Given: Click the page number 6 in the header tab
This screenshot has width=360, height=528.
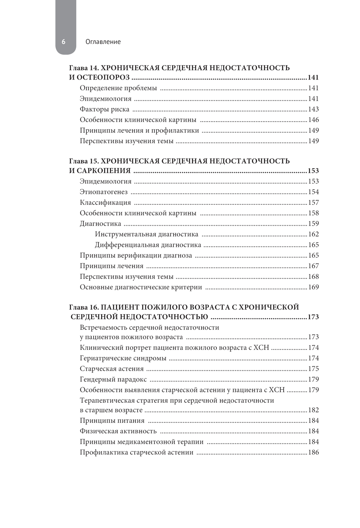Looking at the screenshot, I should (x=64, y=42).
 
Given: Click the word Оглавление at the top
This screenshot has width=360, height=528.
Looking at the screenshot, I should (x=103, y=42).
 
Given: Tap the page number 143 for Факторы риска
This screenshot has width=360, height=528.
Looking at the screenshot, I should (x=313, y=109).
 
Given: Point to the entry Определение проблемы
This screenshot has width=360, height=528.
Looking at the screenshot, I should (x=118, y=88).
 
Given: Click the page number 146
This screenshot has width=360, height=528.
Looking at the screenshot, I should (x=313, y=120).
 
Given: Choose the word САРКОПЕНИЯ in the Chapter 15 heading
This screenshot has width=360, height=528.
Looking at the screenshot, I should (x=104, y=171).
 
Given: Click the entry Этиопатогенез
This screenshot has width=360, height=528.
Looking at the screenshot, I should (x=104, y=192).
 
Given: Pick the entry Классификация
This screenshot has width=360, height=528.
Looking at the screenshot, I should (x=105, y=203).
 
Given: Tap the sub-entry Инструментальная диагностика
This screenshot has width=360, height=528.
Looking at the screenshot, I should (x=147, y=234).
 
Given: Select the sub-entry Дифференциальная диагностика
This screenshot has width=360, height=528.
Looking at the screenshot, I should (x=148, y=245).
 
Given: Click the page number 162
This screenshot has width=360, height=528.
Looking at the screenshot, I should (x=313, y=234).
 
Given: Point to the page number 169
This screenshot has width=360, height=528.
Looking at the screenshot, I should (x=313, y=287).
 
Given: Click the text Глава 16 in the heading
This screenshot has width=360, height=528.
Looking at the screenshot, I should (x=84, y=307).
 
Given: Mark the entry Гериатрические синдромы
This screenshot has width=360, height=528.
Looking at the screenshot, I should (x=123, y=358).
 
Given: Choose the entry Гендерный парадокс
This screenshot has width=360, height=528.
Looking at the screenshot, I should (x=113, y=379).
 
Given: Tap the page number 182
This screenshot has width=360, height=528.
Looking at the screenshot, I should (x=313, y=410).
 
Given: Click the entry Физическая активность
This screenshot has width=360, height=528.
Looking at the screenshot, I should (x=118, y=431).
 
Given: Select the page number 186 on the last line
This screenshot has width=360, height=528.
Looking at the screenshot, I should (x=313, y=452).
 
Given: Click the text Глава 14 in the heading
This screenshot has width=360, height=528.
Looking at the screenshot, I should (x=84, y=68).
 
